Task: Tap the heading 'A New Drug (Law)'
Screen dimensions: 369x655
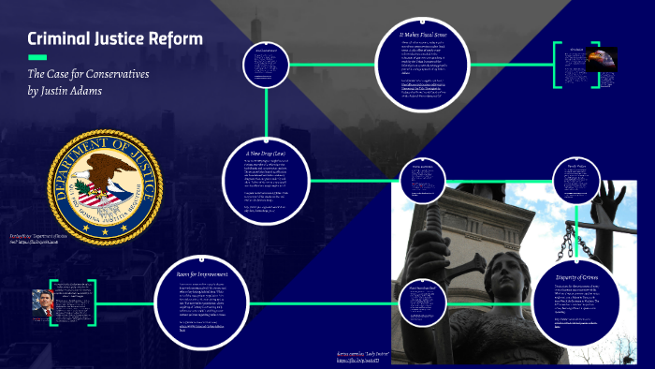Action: pyautogui.click(x=267, y=150)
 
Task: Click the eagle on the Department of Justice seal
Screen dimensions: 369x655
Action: pyautogui.click(x=102, y=179)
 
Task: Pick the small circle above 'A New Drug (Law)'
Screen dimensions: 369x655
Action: pyautogui.click(x=268, y=64)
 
